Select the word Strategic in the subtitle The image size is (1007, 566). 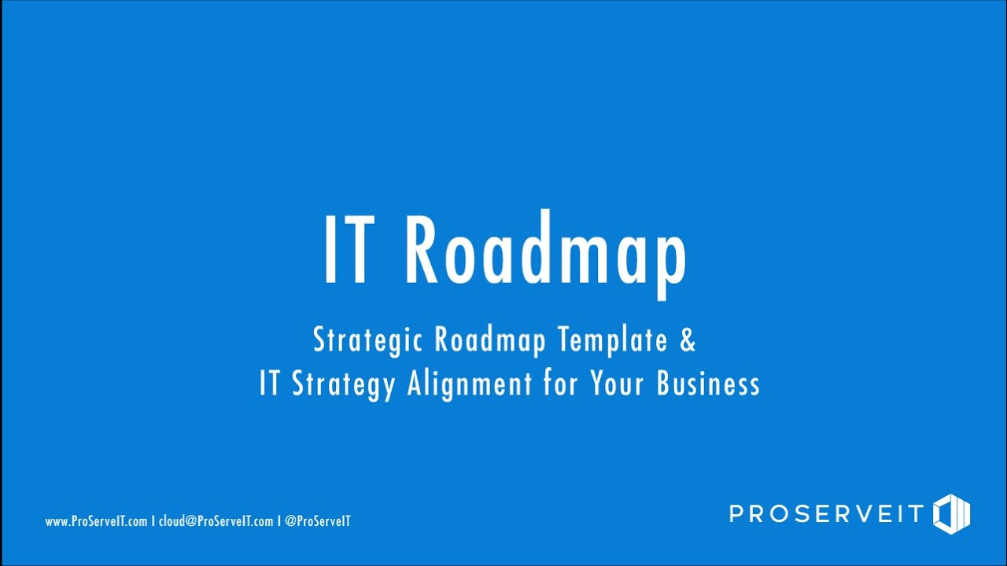(x=368, y=341)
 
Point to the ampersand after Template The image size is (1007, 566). (x=688, y=341)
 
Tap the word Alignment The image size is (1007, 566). (x=470, y=385)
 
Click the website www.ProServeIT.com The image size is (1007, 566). (x=96, y=521)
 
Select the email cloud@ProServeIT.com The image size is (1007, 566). (x=216, y=521)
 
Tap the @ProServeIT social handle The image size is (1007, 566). (x=318, y=521)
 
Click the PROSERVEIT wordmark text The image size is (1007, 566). (x=826, y=514)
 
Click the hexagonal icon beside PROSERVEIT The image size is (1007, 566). (x=952, y=514)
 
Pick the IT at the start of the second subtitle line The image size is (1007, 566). (x=269, y=385)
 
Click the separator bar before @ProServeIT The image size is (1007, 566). (x=279, y=521)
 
